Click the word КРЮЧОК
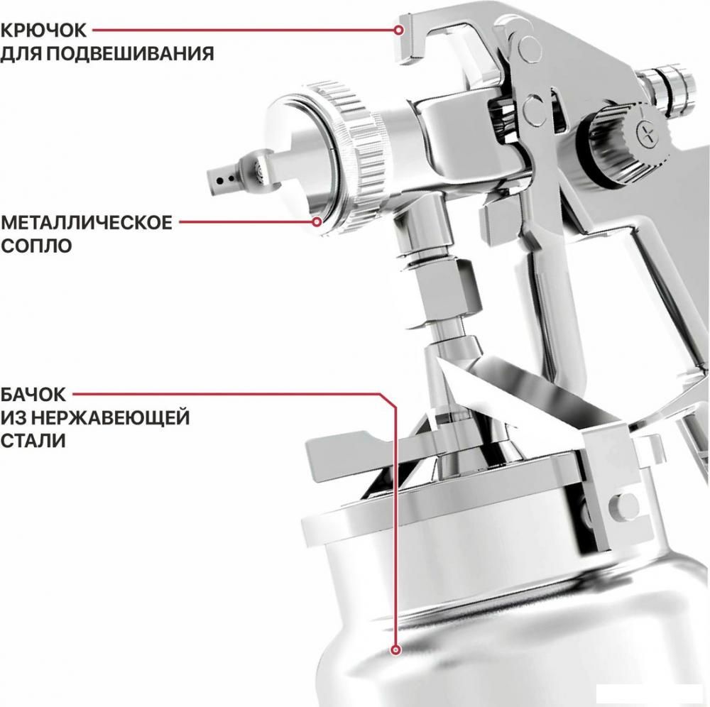pos(43,31)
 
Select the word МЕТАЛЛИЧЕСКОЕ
pos(87,223)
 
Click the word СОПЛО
pos(36,246)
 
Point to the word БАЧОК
pos(33,395)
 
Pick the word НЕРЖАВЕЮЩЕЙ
pos(112,417)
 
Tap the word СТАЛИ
pos(33,441)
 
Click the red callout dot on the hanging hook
pos(398,31)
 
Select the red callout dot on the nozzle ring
pos(317,221)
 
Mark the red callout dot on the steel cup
pos(396,650)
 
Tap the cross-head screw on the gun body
pos(647,134)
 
